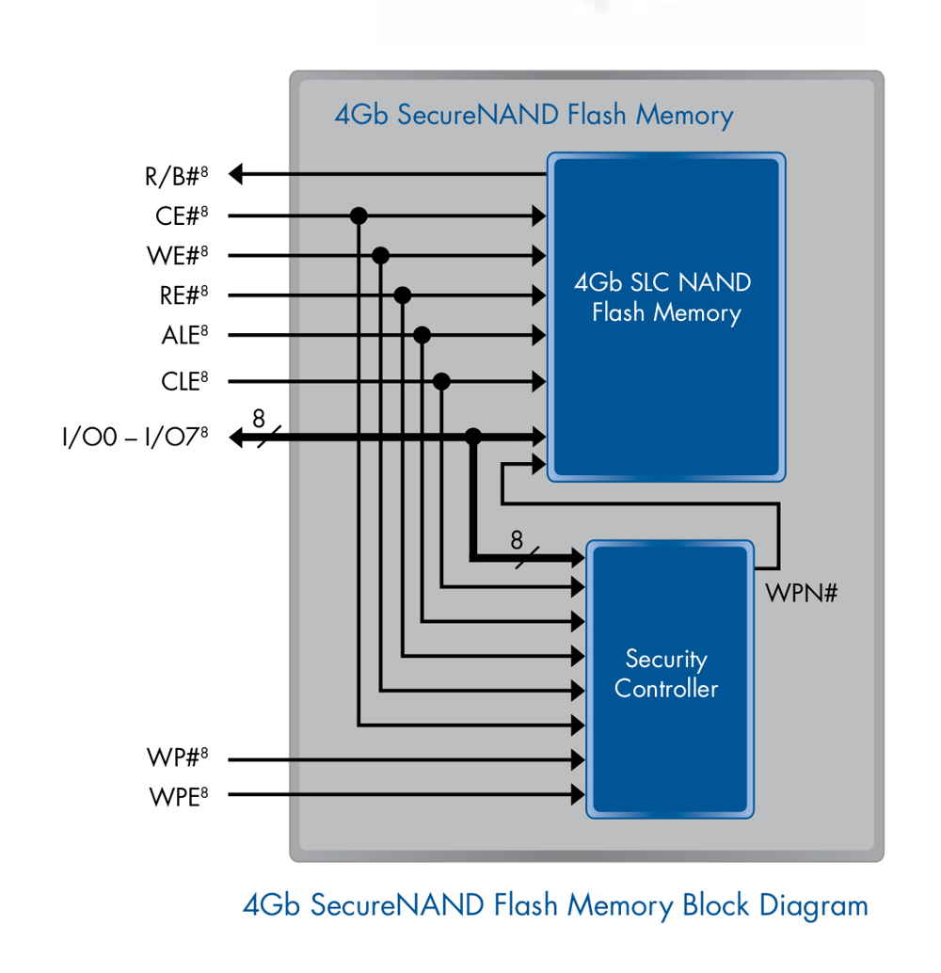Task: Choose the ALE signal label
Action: coord(183,335)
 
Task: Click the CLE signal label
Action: coord(183,381)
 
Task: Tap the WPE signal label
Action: coord(178,796)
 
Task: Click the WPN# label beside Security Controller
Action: coord(802,595)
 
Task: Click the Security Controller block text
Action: coord(666,674)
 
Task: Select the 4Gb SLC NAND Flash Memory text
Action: coord(666,297)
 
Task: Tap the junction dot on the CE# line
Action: coord(358,215)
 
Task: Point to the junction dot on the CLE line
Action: coord(441,381)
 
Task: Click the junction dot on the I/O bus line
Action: coord(473,436)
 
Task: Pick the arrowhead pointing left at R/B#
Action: coord(237,174)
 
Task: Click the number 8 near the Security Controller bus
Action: coord(516,540)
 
